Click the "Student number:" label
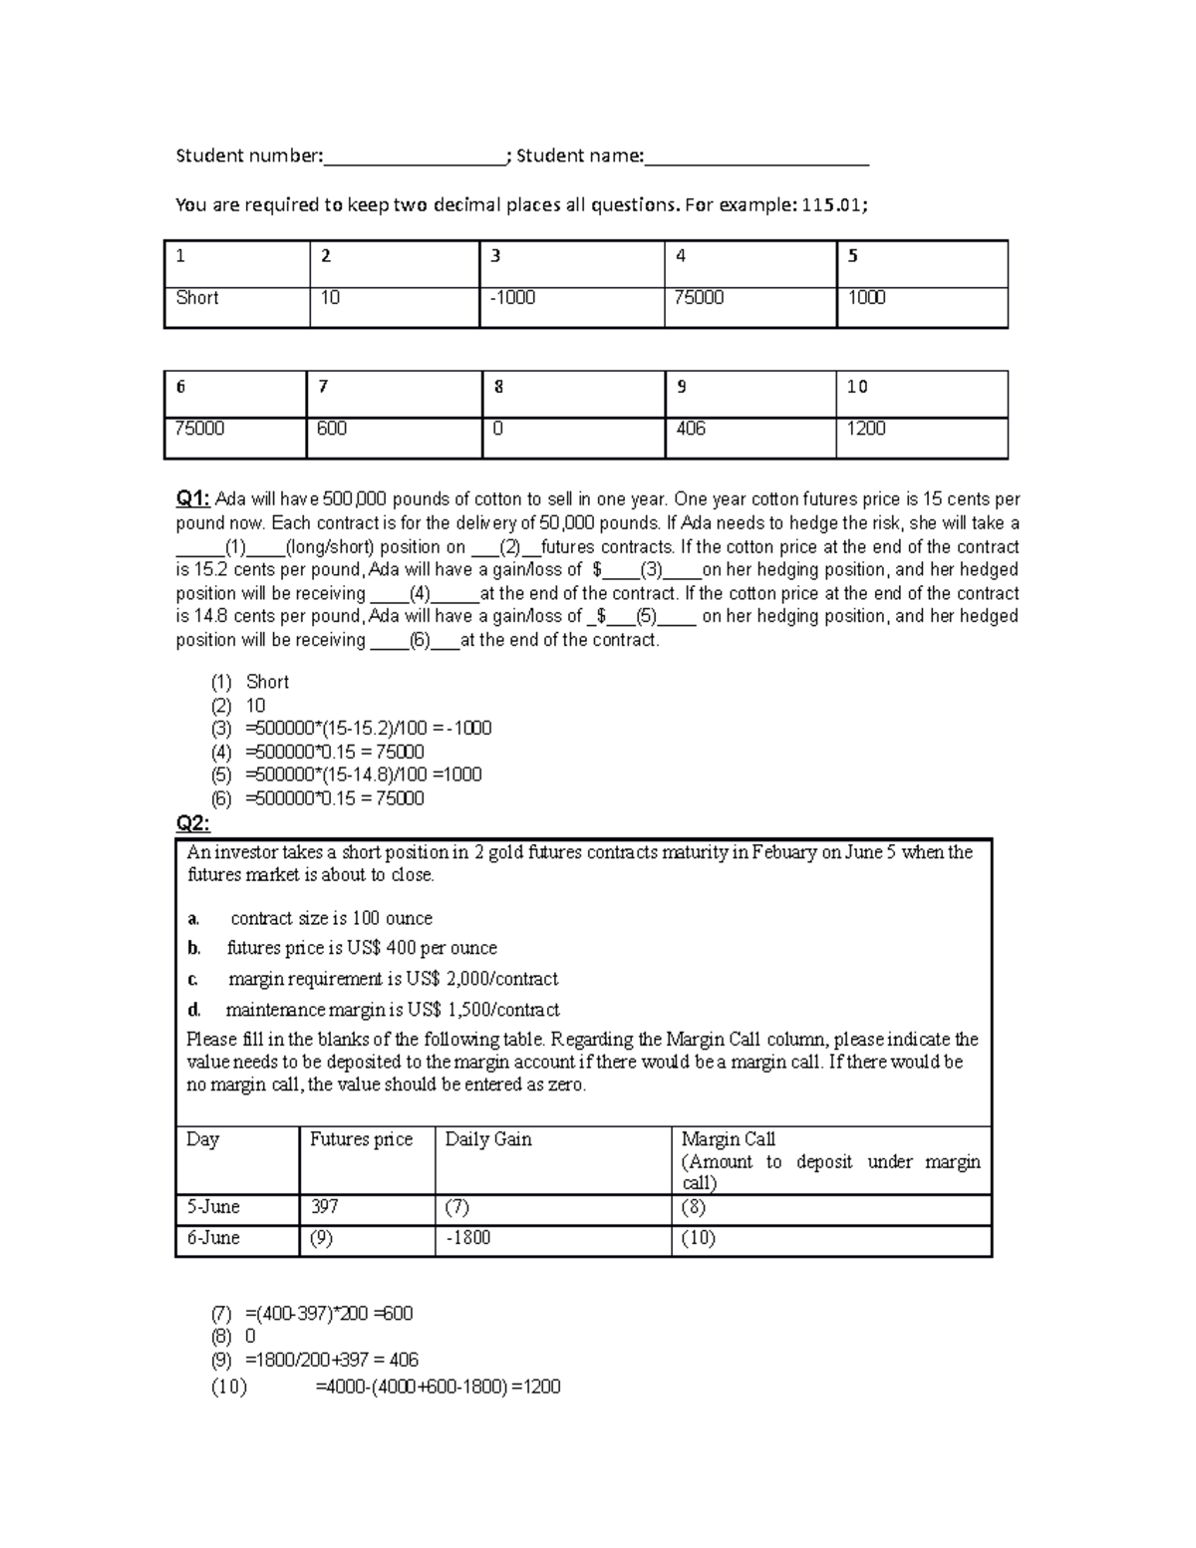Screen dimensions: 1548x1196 pyautogui.click(x=249, y=155)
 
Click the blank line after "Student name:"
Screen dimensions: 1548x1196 pyautogui.click(x=756, y=157)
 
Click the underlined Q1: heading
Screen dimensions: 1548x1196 pyautogui.click(x=192, y=499)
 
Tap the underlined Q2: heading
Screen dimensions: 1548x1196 pyautogui.click(x=192, y=823)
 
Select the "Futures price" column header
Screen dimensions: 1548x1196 pyautogui.click(x=361, y=1139)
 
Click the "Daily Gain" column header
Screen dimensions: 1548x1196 pyautogui.click(x=488, y=1139)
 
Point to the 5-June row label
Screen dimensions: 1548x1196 pyautogui.click(x=213, y=1207)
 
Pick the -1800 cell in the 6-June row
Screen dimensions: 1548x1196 pyautogui.click(x=468, y=1238)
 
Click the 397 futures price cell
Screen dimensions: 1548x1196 pyautogui.click(x=324, y=1207)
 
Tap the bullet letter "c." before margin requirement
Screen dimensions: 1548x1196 pyautogui.click(x=193, y=979)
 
